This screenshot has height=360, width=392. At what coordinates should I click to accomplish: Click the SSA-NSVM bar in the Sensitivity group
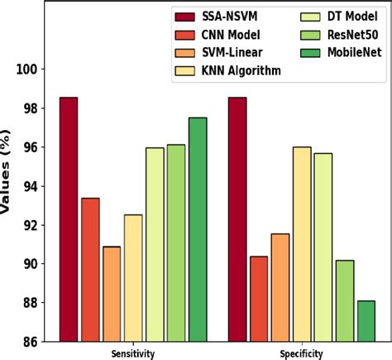pos(69,219)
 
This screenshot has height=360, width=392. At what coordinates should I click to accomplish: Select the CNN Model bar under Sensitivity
pos(90,269)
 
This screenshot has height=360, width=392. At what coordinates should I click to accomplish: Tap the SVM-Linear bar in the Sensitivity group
pos(112,294)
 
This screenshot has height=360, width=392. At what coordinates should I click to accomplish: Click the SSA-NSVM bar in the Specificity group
pos(237,219)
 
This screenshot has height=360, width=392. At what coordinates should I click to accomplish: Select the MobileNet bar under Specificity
pos(366,320)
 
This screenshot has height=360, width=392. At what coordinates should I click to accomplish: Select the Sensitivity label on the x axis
pos(133,353)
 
